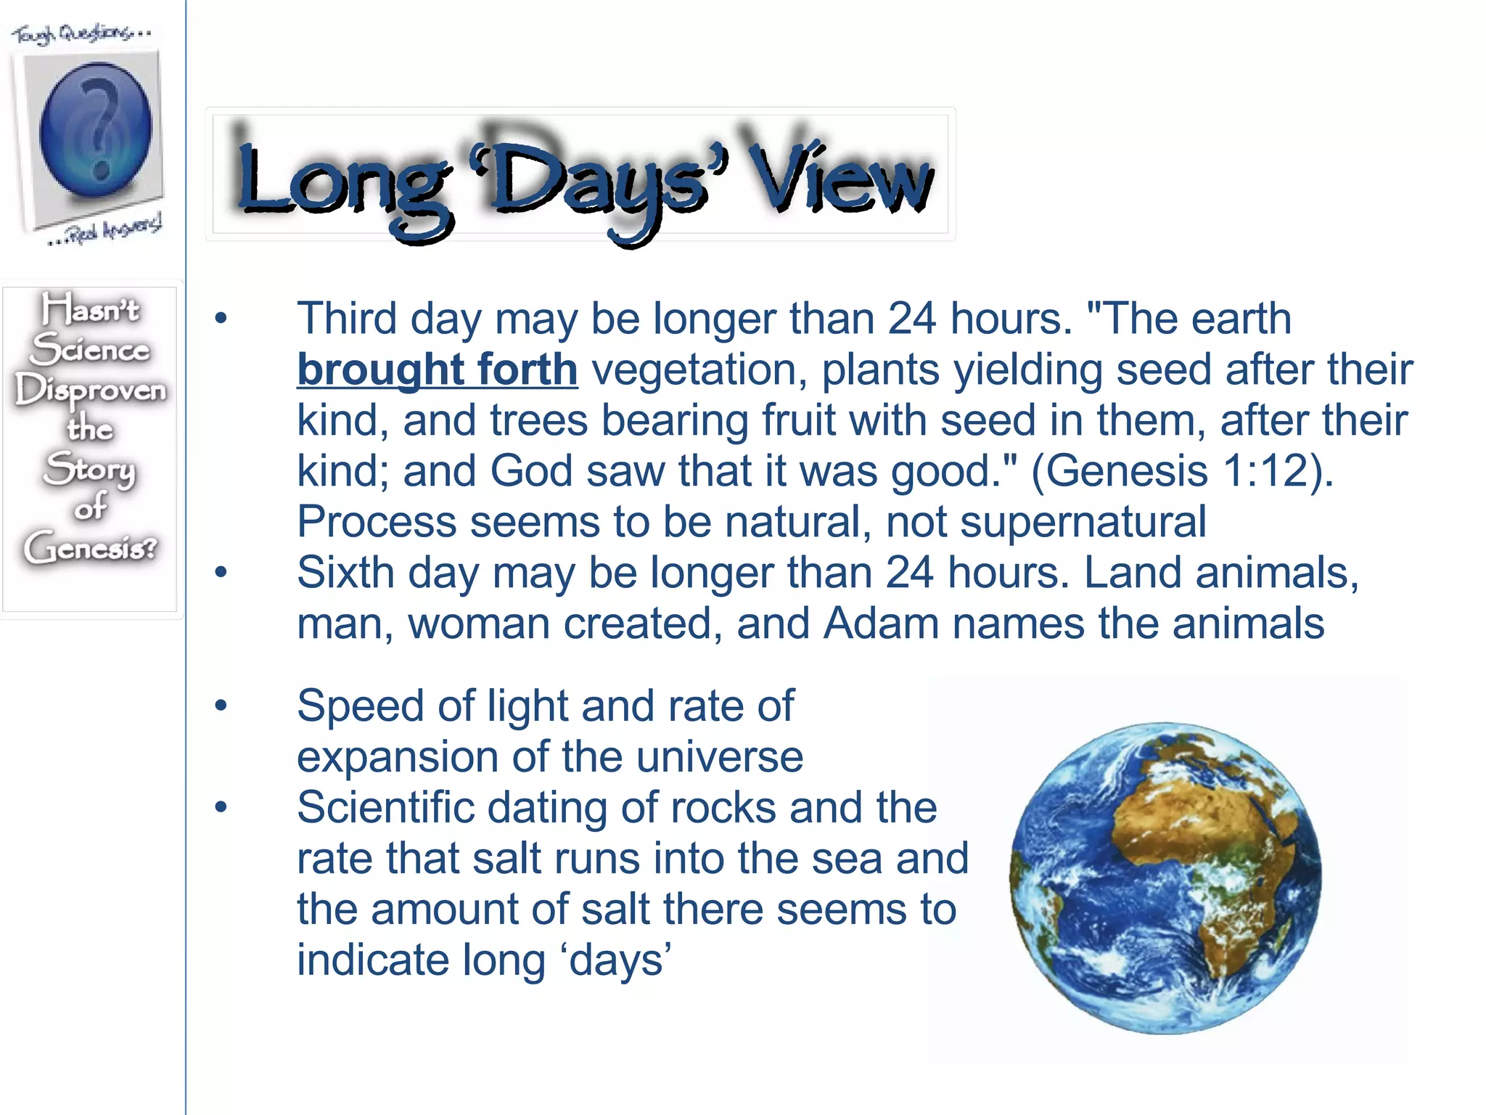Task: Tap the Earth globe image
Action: [x=1165, y=878]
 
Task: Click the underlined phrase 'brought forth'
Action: [x=438, y=369]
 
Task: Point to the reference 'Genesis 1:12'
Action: [x=1179, y=471]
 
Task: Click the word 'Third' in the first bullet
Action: [x=347, y=319]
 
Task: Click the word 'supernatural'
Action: [x=1083, y=522]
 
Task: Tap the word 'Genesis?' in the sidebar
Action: [x=91, y=548]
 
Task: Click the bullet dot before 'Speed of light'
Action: [x=221, y=705]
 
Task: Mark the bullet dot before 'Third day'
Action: [x=221, y=318]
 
